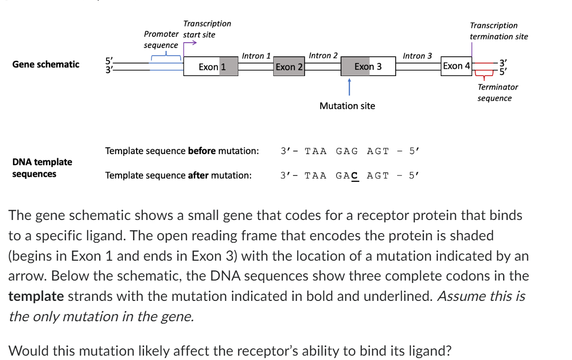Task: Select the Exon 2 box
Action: coord(289,67)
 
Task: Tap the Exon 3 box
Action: coord(368,66)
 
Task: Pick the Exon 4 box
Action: coord(456,66)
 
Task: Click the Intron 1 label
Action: coord(256,56)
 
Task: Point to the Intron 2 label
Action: coord(323,56)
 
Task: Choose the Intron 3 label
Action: coord(417,56)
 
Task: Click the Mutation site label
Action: coord(347,106)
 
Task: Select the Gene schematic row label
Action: coord(46,64)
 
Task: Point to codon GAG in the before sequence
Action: coord(347,151)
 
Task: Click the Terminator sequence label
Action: coord(497,93)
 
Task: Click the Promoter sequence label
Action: coord(161,40)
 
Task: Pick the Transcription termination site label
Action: coord(498,31)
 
